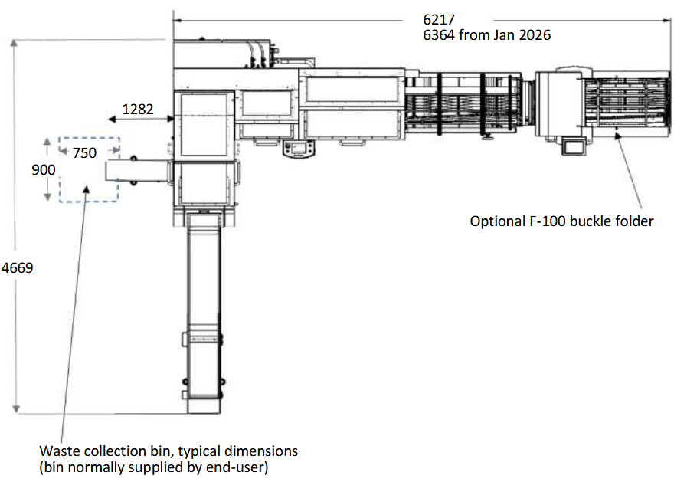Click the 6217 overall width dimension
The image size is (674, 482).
point(439,19)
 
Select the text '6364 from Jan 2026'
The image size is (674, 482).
point(486,34)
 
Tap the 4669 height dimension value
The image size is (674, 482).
point(17,269)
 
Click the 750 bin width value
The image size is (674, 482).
point(84,153)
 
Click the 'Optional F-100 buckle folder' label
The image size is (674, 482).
point(561,221)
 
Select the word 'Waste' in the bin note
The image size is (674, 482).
point(58,451)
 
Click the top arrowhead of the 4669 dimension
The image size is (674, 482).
point(15,44)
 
